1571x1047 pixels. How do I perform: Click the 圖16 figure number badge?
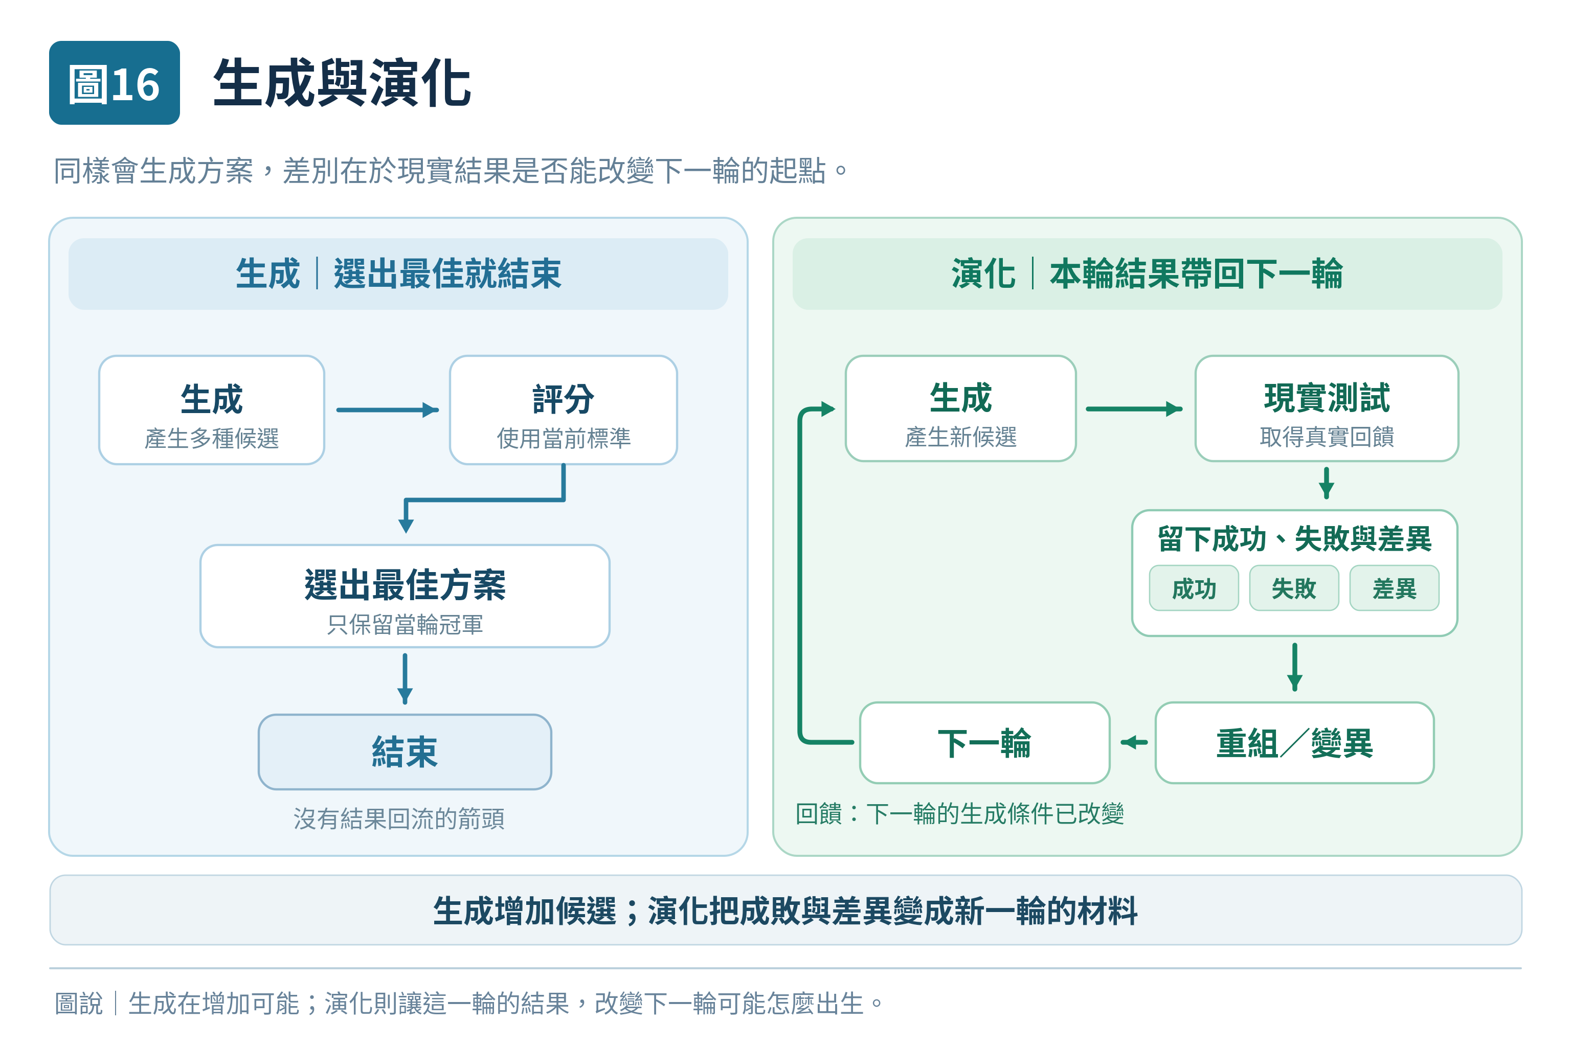tap(114, 83)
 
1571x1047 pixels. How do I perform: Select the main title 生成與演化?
tap(342, 83)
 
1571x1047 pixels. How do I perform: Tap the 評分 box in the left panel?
tap(563, 409)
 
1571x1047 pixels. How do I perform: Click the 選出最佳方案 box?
tap(405, 596)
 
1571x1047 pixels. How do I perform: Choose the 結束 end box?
tap(405, 752)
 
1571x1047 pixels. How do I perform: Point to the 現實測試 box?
tap(1327, 408)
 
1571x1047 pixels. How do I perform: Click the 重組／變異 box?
tap(1294, 742)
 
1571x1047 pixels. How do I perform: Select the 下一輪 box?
tap(984, 742)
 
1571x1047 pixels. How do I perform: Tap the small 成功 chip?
tap(1194, 588)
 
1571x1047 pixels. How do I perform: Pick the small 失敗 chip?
tap(1294, 588)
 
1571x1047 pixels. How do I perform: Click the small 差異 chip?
tap(1394, 588)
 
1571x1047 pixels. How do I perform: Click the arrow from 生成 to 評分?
tap(388, 410)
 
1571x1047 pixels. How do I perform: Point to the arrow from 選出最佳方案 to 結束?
tap(405, 679)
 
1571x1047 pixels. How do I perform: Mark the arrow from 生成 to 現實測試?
tap(1134, 408)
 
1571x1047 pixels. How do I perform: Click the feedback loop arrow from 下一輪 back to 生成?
tap(800, 574)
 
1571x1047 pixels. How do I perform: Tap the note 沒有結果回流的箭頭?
tap(399, 818)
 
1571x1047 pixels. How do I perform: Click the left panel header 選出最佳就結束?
tap(447, 274)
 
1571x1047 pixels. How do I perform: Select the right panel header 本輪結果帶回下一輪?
tap(1196, 274)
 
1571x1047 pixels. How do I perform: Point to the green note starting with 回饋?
tap(960, 814)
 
